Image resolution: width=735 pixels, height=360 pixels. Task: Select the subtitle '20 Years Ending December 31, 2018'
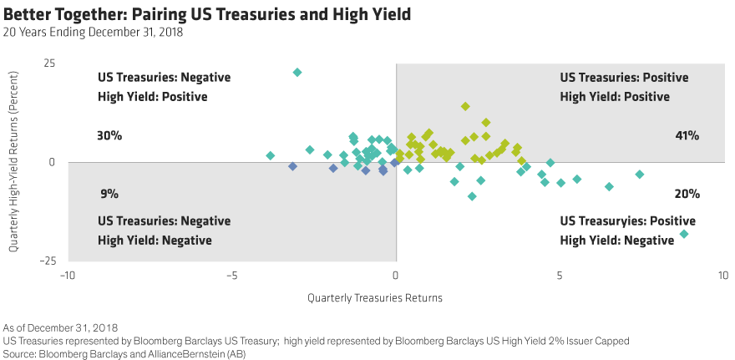pyautogui.click(x=93, y=33)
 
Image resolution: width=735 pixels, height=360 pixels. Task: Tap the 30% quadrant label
pyautogui.click(x=109, y=135)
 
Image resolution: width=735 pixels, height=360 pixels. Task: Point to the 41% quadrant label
pyautogui.click(x=687, y=135)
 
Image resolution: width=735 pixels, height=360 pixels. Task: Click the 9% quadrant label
pyautogui.click(x=109, y=194)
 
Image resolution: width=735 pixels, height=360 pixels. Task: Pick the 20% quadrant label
pyautogui.click(x=687, y=194)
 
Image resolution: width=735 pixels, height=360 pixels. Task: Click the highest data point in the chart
pyautogui.click(x=297, y=73)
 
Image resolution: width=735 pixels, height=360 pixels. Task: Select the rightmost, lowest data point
pyautogui.click(x=684, y=234)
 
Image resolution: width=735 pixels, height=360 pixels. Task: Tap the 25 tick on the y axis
pyautogui.click(x=49, y=63)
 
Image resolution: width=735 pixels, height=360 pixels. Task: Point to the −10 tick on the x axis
pyautogui.click(x=67, y=275)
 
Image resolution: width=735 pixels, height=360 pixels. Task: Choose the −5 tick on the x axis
pyautogui.click(x=231, y=275)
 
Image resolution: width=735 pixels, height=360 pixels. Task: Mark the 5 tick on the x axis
pyautogui.click(x=560, y=275)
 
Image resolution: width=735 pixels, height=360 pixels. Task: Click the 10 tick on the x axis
pyautogui.click(x=722, y=275)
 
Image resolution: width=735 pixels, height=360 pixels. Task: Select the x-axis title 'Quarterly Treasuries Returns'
pyautogui.click(x=374, y=297)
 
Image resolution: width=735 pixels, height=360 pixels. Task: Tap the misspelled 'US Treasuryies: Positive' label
pyautogui.click(x=627, y=221)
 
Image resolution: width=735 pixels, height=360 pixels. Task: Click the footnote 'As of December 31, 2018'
pyautogui.click(x=61, y=327)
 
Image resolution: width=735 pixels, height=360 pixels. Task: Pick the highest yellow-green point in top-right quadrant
pyautogui.click(x=466, y=106)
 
